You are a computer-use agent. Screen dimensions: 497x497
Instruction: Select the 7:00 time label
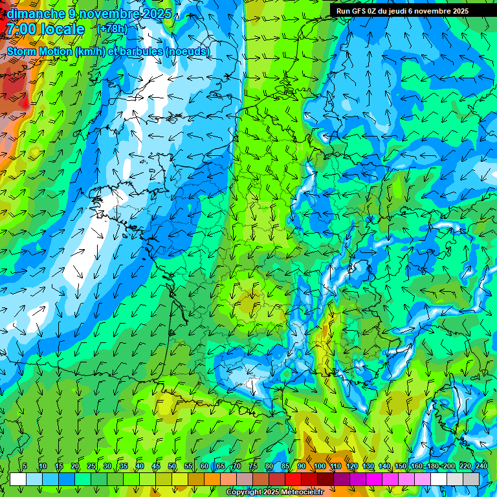coord(21,29)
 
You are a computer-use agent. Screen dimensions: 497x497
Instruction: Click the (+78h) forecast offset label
coord(112,29)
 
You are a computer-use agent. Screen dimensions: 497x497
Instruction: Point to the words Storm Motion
coord(39,51)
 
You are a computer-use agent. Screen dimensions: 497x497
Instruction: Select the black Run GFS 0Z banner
coord(412,11)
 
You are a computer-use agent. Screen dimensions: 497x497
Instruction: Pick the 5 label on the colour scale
coord(24,467)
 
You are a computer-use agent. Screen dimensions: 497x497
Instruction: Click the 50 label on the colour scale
coord(171,467)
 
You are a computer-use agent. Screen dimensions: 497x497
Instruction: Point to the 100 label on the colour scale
coord(319,467)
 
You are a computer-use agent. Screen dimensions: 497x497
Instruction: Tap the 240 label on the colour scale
coord(481,467)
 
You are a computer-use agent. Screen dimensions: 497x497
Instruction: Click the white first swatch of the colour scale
coord(18,479)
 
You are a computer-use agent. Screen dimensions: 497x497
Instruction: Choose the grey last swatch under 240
coord(472,479)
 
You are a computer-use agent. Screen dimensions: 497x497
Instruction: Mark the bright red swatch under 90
coord(293,479)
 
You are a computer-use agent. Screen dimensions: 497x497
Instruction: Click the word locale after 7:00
coord(62,29)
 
